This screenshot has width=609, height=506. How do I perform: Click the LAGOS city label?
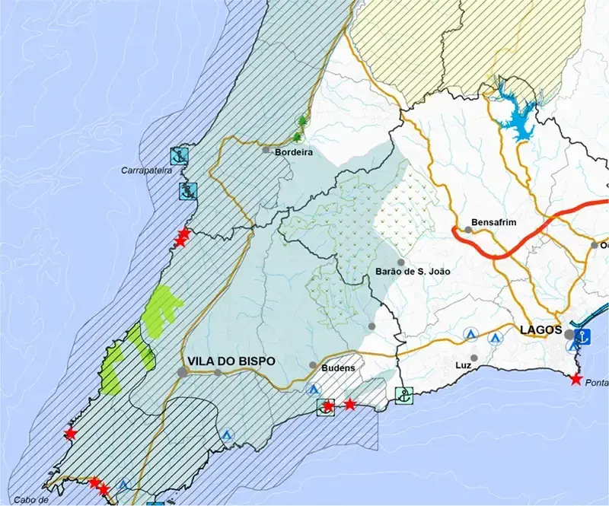(x=540, y=331)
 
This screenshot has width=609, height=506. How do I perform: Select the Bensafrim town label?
(x=495, y=221)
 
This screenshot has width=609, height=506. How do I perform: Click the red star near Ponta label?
(x=576, y=379)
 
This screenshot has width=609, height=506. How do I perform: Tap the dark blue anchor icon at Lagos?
(x=585, y=336)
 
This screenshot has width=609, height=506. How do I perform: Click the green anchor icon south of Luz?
(x=404, y=395)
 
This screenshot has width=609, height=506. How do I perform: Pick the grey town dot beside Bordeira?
(x=266, y=150)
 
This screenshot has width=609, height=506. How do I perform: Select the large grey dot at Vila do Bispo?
(x=183, y=371)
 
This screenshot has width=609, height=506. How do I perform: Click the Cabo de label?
(x=30, y=500)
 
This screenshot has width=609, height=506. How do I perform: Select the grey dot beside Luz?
(x=473, y=358)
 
